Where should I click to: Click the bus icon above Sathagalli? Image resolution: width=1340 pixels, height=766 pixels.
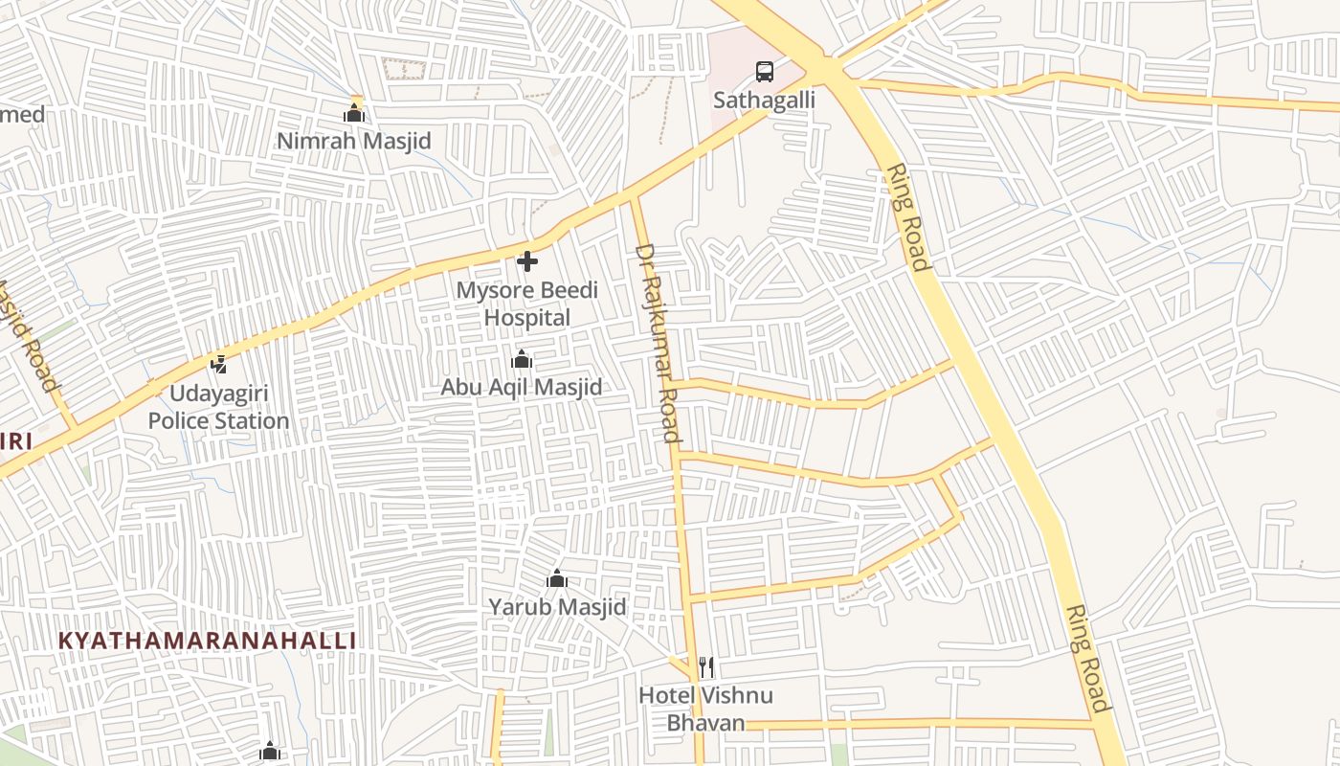pyautogui.click(x=764, y=71)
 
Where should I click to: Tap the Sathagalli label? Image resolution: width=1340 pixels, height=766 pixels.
pyautogui.click(x=764, y=100)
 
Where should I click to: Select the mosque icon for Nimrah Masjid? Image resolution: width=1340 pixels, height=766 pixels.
pyautogui.click(x=354, y=114)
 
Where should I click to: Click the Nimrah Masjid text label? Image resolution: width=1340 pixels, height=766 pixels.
pyautogui.click(x=354, y=141)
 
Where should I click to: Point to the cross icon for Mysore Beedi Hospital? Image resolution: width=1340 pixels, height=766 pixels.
pyautogui.click(x=526, y=260)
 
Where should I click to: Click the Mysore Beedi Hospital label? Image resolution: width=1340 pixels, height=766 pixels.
pyautogui.click(x=526, y=304)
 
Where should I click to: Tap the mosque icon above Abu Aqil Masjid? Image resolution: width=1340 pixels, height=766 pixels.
pyautogui.click(x=522, y=360)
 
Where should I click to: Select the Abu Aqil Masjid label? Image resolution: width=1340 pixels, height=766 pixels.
pyautogui.click(x=522, y=387)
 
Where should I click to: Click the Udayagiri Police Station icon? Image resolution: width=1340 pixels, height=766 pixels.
pyautogui.click(x=218, y=364)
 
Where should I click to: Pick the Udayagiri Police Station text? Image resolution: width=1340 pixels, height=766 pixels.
pyautogui.click(x=218, y=407)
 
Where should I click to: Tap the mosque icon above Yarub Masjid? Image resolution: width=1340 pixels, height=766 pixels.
pyautogui.click(x=557, y=578)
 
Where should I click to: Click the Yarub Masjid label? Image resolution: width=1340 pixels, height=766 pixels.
pyautogui.click(x=557, y=606)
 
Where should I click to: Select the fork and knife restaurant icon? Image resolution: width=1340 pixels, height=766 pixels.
pyautogui.click(x=706, y=666)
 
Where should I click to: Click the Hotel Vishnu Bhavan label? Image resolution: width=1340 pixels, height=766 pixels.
pyautogui.click(x=705, y=709)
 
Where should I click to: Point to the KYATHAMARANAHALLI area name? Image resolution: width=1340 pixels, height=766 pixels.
pyautogui.click(x=207, y=641)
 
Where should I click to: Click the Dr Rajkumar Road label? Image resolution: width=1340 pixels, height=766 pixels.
pyautogui.click(x=659, y=343)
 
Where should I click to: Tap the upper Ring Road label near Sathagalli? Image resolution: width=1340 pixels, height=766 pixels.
pyautogui.click(x=907, y=217)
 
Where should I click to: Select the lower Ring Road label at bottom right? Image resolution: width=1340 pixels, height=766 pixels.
pyautogui.click(x=1088, y=659)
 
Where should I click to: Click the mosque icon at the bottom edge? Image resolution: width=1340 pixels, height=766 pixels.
pyautogui.click(x=270, y=752)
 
